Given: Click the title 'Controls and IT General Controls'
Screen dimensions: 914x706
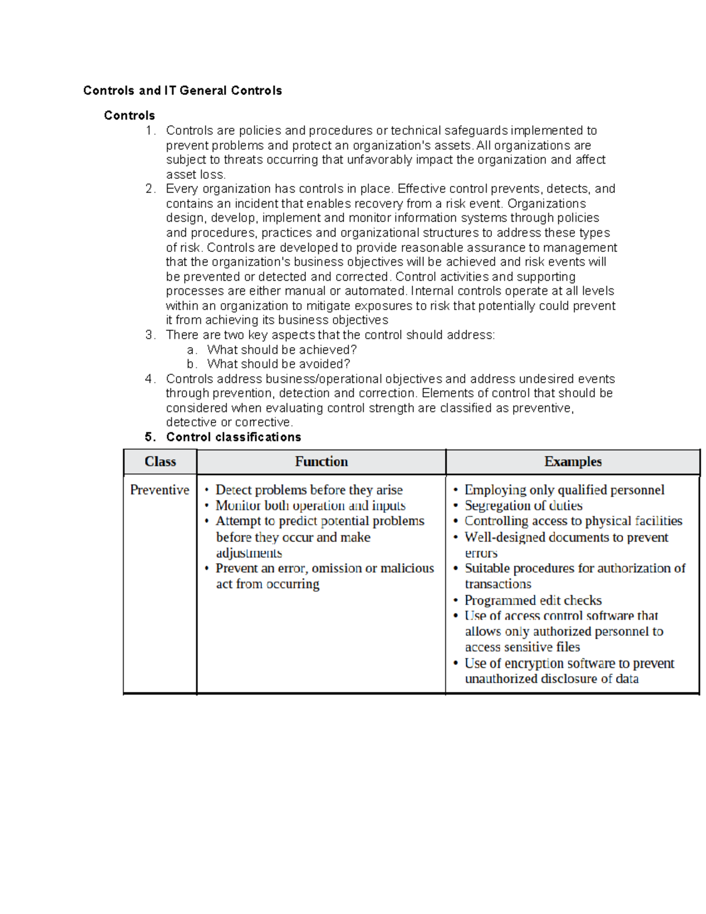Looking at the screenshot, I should click(182, 91).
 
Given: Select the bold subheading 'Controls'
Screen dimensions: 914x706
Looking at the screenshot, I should click(129, 115).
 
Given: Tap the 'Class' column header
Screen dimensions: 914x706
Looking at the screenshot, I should click(160, 462).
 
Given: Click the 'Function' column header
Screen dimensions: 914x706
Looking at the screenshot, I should click(321, 462).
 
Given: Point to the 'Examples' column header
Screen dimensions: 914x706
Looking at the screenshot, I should click(572, 462).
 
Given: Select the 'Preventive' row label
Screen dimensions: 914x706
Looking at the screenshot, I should click(159, 490).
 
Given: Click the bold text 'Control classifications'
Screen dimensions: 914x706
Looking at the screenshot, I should click(234, 437).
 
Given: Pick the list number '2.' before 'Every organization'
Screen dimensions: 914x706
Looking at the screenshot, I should click(150, 189).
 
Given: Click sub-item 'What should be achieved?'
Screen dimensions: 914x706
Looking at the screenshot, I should click(282, 350).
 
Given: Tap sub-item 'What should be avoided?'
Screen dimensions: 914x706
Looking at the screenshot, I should click(278, 364).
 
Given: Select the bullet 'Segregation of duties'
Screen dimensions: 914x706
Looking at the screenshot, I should click(523, 506).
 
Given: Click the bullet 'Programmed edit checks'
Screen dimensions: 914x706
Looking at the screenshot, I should click(533, 600).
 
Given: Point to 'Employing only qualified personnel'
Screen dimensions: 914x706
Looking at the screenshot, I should click(564, 490).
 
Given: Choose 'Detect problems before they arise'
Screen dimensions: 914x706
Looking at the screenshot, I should click(309, 490).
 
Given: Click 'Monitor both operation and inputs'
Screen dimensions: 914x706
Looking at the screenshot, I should click(310, 506).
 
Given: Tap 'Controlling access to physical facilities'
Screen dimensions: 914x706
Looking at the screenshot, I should click(573, 521).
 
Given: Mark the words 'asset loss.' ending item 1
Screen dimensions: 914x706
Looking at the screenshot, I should click(195, 175).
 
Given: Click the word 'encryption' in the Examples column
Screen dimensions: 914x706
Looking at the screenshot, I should click(534, 663).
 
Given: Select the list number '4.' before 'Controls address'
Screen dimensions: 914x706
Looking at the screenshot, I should click(150, 379).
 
